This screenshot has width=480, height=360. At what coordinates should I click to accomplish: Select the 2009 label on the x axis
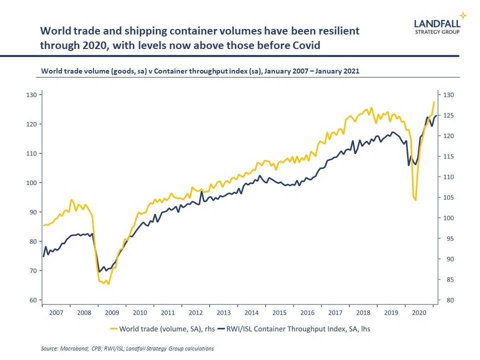pyautogui.click(x=111, y=312)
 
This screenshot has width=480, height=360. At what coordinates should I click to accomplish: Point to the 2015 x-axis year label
pyautogui.click(x=279, y=312)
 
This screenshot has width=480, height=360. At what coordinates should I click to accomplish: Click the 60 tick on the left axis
pyautogui.click(x=33, y=300)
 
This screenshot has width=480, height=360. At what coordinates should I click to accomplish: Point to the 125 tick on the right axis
pyautogui.click(x=448, y=115)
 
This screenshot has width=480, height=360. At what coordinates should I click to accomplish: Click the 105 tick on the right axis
pyautogui.click(x=448, y=197)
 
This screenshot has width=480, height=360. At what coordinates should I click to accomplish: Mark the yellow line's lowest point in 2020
pyautogui.click(x=415, y=200)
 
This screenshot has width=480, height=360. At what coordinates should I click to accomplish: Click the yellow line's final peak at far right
pyautogui.click(x=434, y=102)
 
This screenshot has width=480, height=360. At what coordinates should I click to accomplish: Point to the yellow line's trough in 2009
pyautogui.click(x=108, y=283)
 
